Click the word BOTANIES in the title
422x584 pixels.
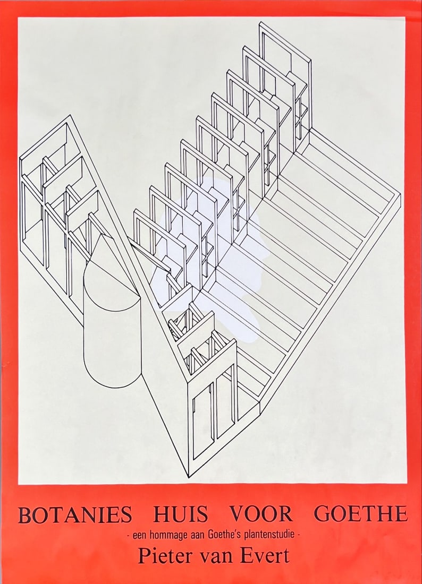coord(75,514)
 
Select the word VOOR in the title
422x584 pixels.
coord(261,514)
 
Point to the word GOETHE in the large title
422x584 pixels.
coord(360,514)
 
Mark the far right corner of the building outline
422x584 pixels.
coord(400,195)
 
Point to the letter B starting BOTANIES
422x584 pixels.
coord(24,514)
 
